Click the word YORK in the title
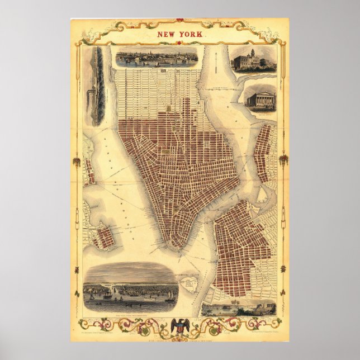[190, 34]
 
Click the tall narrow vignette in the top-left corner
[98, 86]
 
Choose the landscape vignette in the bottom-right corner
[239, 309]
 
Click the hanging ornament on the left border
[77, 162]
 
